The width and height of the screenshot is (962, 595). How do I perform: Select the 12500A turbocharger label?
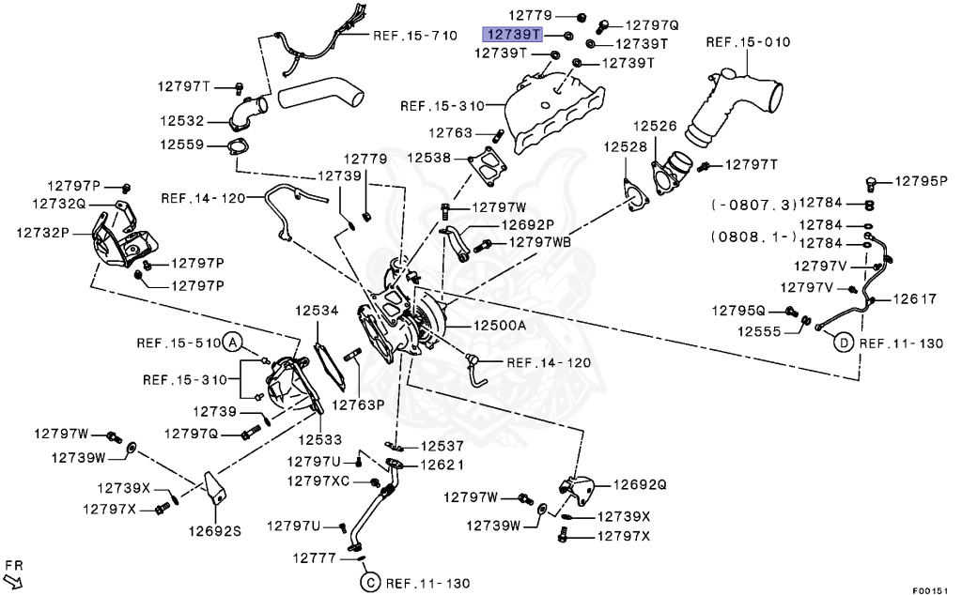click(500, 325)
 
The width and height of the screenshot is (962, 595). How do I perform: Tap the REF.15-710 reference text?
click(415, 36)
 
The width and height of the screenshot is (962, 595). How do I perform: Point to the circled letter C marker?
click(369, 583)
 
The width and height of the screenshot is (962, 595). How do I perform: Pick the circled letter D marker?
click(844, 343)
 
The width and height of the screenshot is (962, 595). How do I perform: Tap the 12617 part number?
click(915, 299)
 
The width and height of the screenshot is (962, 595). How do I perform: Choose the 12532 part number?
click(181, 121)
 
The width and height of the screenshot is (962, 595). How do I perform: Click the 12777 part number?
click(313, 557)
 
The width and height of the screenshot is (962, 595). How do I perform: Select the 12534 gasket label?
click(317, 309)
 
